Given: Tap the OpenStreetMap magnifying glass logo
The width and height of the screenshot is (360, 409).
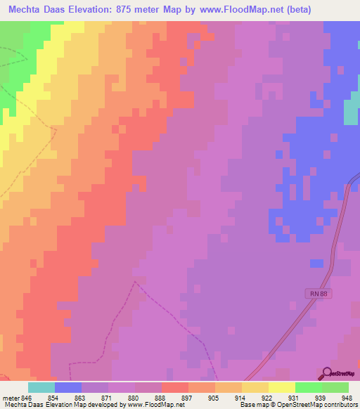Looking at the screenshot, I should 326,374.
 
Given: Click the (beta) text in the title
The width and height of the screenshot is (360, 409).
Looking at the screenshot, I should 299,9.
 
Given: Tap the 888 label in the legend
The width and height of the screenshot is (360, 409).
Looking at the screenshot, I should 161,398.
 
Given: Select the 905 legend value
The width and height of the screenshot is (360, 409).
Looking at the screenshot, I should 214,398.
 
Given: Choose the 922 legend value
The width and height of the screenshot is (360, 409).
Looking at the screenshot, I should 267,398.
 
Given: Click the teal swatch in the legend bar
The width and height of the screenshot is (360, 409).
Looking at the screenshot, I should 41,387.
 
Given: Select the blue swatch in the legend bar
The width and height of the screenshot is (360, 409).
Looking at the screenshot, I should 68,387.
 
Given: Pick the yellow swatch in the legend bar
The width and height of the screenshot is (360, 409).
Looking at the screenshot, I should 282,387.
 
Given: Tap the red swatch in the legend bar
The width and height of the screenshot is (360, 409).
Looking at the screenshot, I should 175,387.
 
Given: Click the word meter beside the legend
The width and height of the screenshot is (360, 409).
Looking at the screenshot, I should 10,398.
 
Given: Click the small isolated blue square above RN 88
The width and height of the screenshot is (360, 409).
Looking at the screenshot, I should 317,264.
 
